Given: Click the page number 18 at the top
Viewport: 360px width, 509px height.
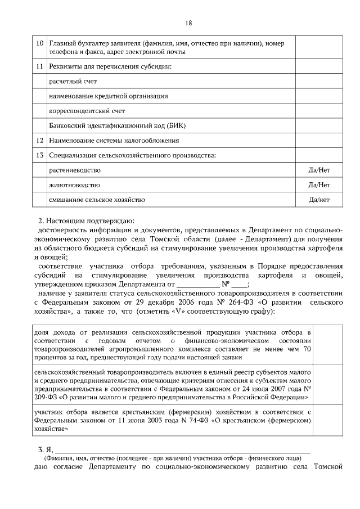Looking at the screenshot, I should click(x=188, y=23).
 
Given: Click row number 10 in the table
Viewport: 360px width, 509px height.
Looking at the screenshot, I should click(x=39, y=43).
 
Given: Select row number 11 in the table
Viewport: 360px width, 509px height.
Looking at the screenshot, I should click(x=39, y=67).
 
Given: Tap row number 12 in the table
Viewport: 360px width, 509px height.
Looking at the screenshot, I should click(x=39, y=140).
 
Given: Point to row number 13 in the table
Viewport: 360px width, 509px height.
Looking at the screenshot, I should click(x=39, y=155).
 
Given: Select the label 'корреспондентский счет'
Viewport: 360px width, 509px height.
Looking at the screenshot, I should click(x=87, y=111).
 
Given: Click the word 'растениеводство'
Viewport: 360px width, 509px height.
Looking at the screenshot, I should click(x=75, y=170).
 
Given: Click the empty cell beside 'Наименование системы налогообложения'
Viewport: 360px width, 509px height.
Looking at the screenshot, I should click(x=319, y=140).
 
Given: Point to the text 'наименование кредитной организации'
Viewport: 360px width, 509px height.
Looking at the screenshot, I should click(x=101, y=96).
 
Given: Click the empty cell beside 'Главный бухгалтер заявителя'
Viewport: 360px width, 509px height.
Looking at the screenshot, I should click(x=319, y=47).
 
